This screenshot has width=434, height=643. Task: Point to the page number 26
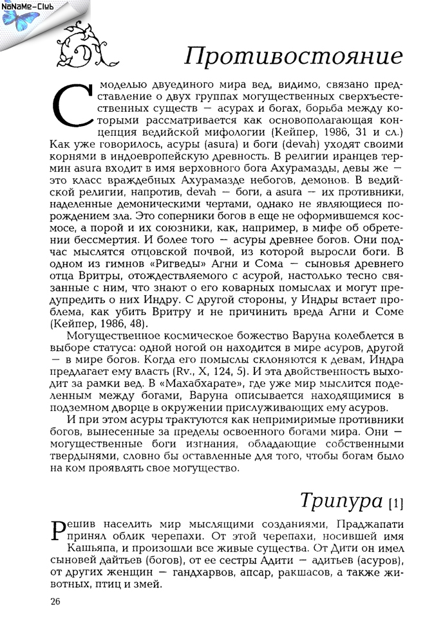[55, 601]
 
